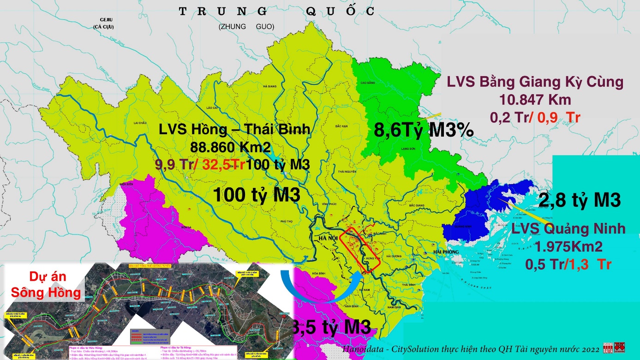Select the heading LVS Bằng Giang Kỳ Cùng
click(x=535, y=83)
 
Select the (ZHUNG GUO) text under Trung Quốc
click(x=246, y=27)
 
